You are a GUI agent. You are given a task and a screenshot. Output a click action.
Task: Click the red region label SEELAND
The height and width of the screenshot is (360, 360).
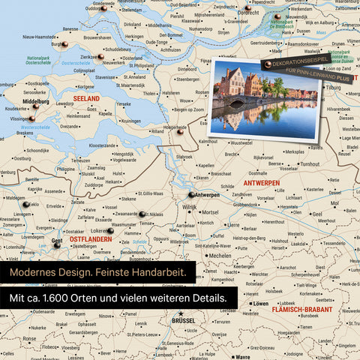(x=87, y=98)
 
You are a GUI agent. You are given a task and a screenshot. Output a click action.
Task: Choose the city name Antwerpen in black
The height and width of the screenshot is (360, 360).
(x=206, y=194)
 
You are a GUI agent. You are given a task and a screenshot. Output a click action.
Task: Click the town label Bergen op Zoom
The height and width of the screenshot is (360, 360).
(x=190, y=109)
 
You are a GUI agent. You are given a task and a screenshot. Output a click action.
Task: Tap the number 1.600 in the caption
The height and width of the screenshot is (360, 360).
(x=68, y=298)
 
